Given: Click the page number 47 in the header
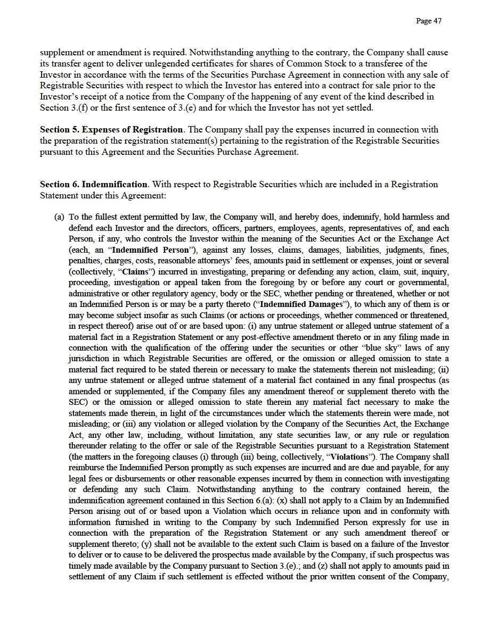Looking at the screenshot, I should pos(429,21).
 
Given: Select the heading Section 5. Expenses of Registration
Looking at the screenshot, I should pos(112,130).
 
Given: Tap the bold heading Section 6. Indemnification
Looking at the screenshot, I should pos(94,185).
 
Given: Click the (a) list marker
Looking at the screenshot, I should pos(59,217).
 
